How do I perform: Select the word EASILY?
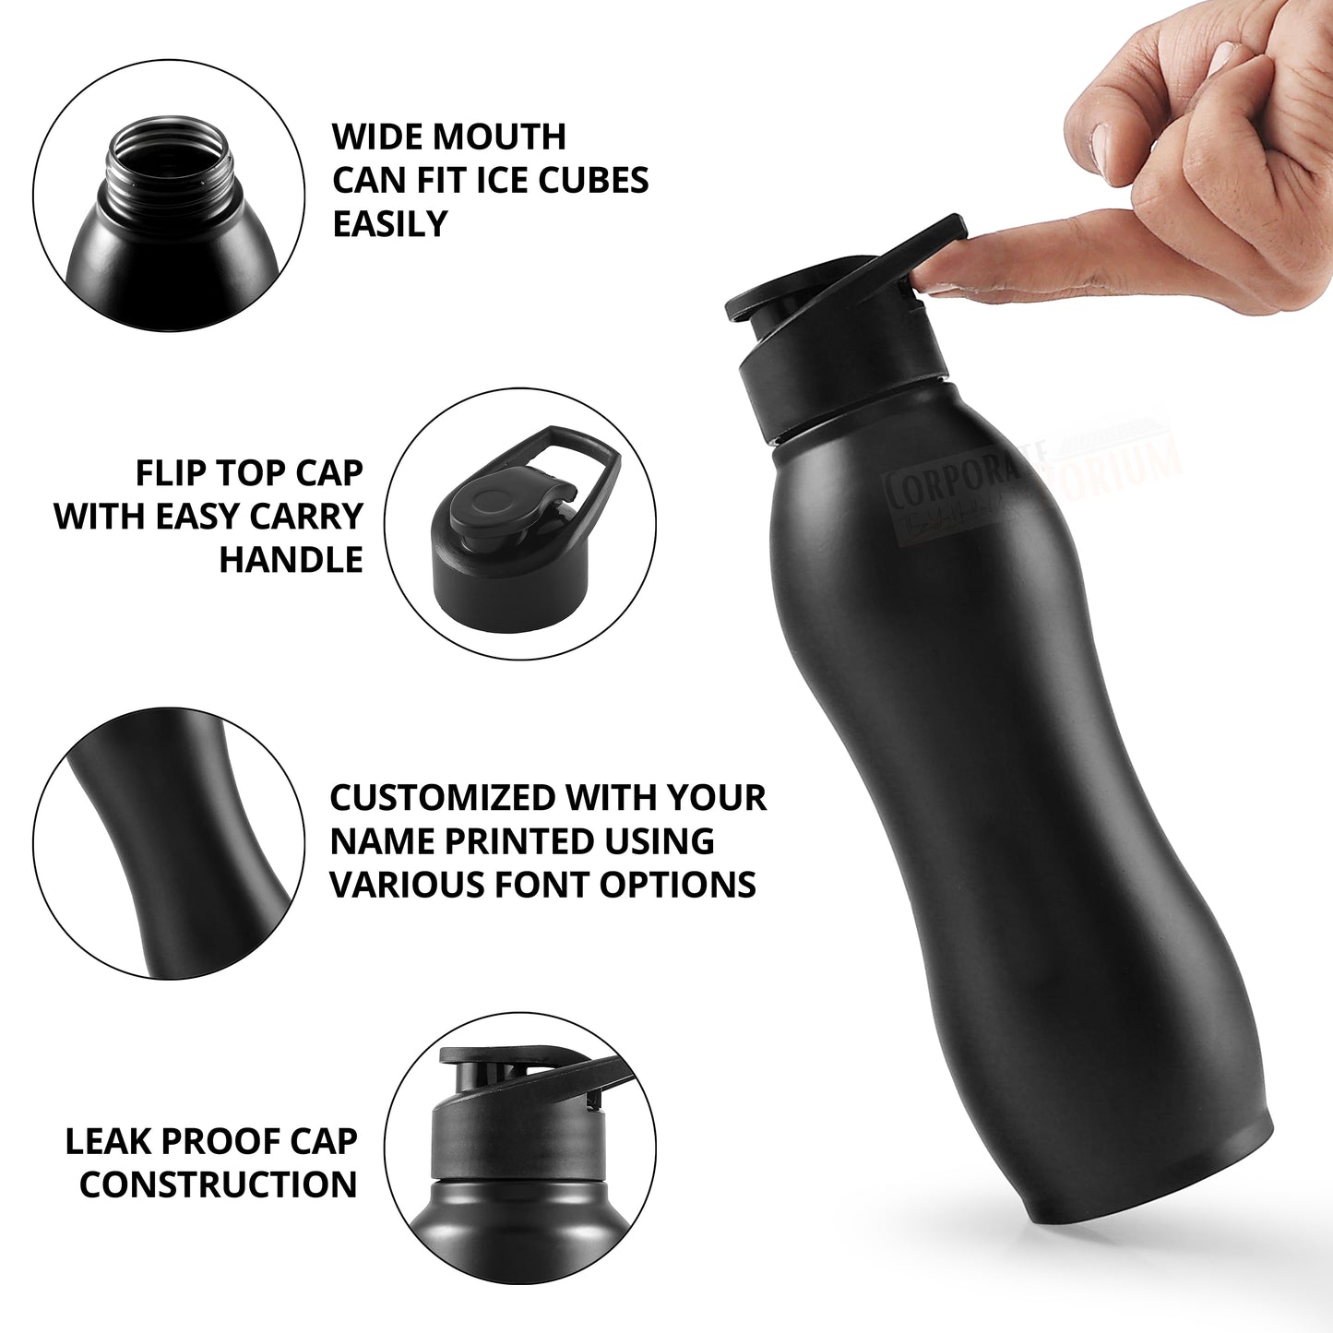(x=389, y=224)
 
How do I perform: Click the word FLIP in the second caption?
(x=171, y=473)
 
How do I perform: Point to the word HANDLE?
(x=291, y=560)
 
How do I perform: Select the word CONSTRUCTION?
(x=218, y=1184)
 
